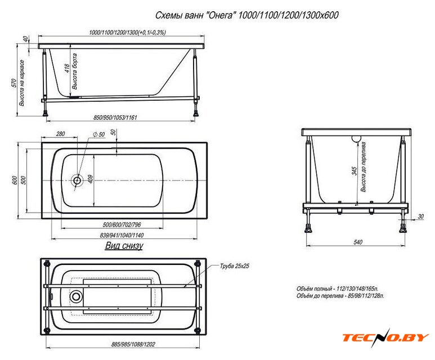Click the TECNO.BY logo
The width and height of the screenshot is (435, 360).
click(385, 337)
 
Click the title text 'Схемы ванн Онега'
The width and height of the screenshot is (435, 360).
click(194, 15)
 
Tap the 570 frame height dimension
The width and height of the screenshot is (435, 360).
click(14, 83)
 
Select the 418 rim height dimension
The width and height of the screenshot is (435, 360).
click(67, 69)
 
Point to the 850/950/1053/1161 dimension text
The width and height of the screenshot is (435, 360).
click(115, 118)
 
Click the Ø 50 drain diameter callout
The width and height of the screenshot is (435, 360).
click(99, 135)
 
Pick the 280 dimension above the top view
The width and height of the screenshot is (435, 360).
click(60, 134)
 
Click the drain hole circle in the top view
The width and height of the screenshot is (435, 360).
click(77, 181)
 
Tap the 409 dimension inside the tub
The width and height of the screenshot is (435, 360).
click(91, 179)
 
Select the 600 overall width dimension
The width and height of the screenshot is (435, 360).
click(15, 181)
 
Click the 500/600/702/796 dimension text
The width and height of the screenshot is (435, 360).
click(122, 224)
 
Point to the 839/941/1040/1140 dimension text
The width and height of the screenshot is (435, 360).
click(122, 235)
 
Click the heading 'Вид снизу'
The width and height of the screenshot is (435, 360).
click(124, 245)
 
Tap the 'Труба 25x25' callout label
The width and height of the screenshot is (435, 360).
click(235, 266)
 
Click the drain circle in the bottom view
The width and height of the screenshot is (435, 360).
click(76, 296)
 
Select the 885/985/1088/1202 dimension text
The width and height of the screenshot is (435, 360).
click(133, 344)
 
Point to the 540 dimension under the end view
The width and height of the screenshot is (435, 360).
click(358, 242)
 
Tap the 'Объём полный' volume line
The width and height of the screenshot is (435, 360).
click(337, 289)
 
